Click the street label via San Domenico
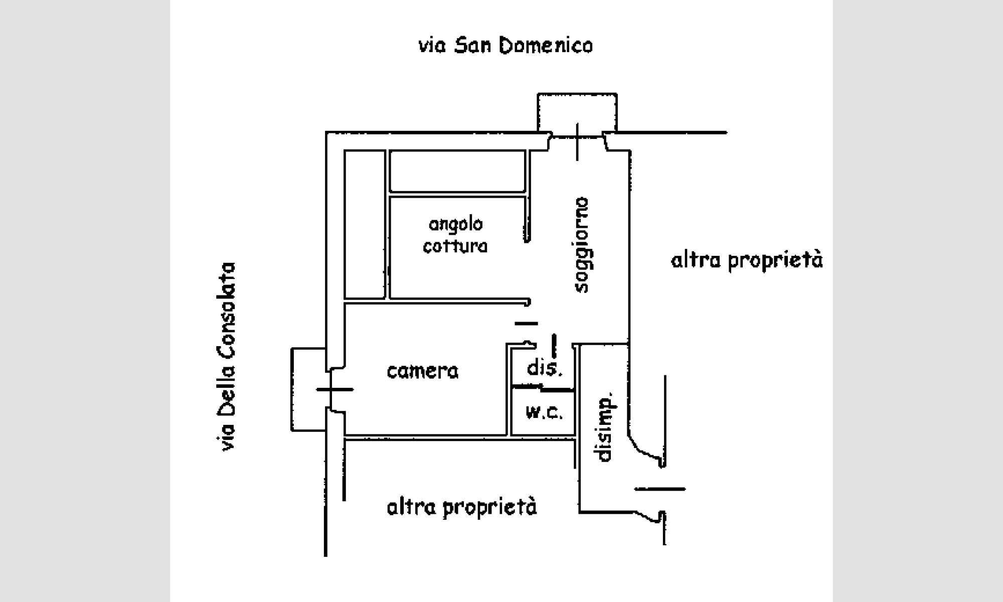coord(506,46)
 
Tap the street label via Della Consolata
coord(226,356)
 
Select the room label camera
coord(423,371)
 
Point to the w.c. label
coord(544,412)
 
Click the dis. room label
coord(545,369)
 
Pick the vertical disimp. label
coord(605,426)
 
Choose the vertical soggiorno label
coord(582,245)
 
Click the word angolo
coord(456,224)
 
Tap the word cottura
coord(455,246)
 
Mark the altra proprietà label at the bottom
coord(462,507)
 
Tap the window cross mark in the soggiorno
coord(577,141)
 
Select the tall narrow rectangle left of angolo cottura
coord(365,224)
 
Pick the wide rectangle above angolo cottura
coord(457,171)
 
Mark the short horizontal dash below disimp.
coord(659,489)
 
